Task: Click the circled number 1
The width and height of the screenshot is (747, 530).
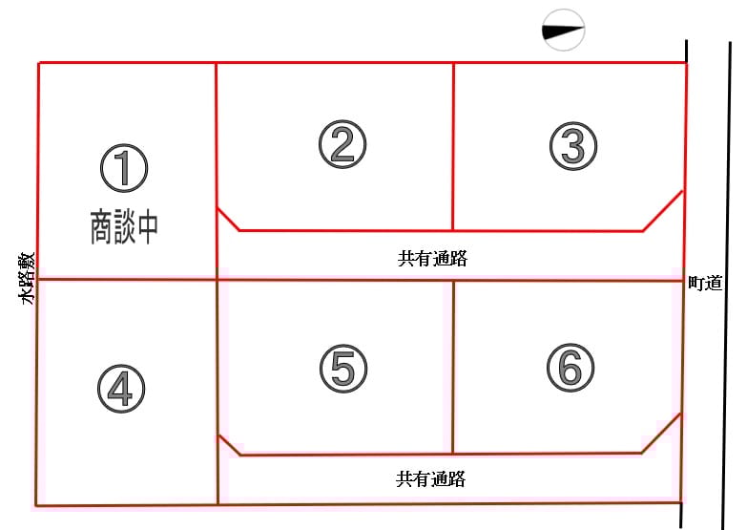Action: [x=124, y=168]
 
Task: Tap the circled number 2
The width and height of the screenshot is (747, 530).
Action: [x=342, y=144]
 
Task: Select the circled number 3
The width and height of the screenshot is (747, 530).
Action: [x=573, y=146]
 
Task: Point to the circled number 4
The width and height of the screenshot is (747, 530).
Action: [x=121, y=389]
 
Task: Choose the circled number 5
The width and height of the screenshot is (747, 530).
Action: [x=343, y=369]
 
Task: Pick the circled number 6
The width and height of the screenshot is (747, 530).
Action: [x=571, y=368]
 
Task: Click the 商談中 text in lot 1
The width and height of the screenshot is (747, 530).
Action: [x=124, y=227]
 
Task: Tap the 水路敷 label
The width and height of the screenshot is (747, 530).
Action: [x=27, y=279]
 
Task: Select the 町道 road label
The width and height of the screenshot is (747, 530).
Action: [x=706, y=283]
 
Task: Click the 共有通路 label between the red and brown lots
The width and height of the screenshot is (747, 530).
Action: [x=432, y=258]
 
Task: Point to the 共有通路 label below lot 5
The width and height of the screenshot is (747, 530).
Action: [x=430, y=478]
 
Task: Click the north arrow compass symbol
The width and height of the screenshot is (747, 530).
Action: [x=564, y=30]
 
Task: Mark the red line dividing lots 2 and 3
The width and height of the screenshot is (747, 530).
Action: [x=453, y=146]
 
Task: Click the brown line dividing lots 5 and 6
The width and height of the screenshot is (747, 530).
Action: [x=453, y=367]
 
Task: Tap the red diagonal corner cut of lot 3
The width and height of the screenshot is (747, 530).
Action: [x=663, y=211]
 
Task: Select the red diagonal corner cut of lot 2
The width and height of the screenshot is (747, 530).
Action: [x=228, y=219]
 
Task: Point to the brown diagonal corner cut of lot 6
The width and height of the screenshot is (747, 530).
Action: [x=661, y=434]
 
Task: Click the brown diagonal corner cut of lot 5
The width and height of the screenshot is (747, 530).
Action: [x=229, y=445]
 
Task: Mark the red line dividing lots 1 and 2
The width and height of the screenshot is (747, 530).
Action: [x=217, y=170]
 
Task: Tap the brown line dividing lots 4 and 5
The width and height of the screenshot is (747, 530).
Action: [x=218, y=392]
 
